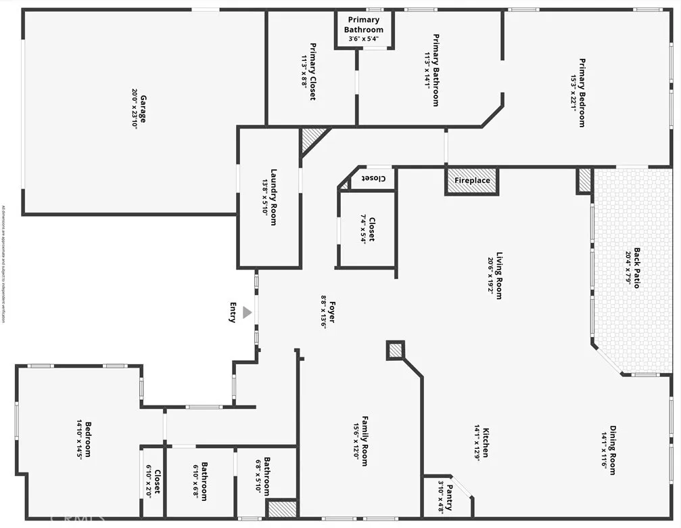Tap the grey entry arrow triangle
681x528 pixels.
click(248, 313)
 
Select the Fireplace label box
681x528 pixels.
click(471, 181)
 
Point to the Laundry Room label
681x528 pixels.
click(273, 197)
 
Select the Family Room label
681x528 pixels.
click(365, 441)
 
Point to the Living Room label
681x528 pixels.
click(500, 271)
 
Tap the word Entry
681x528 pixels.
click(233, 313)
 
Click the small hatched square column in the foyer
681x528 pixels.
click(395, 349)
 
